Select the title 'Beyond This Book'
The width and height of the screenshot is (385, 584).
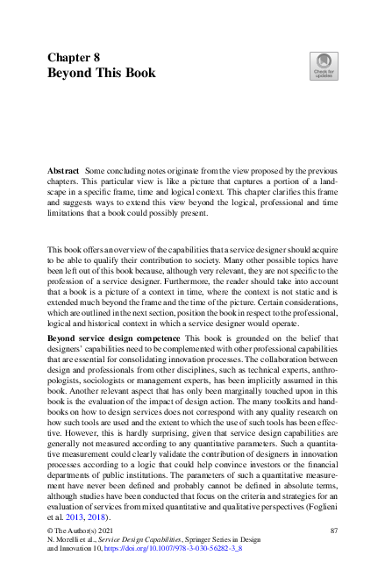pyautogui.click(x=102, y=74)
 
